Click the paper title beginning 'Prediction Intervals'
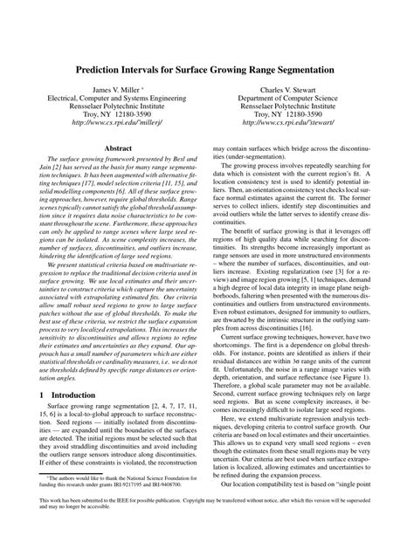pyautogui.click(x=207, y=67)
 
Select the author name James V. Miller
pyautogui.click(x=112, y=91)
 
